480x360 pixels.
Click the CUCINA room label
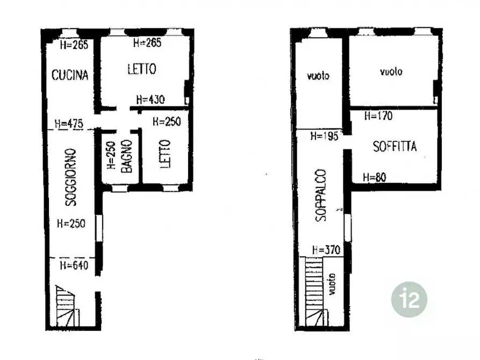pos(70,75)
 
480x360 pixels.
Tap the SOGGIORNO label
pos(71,177)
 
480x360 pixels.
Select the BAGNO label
pos(126,156)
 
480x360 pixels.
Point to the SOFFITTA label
pos(395,146)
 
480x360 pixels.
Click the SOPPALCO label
pos(321,195)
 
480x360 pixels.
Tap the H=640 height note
pos(74,265)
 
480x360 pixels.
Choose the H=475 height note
pos(69,124)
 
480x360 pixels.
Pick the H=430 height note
pos(151,99)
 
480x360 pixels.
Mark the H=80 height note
pos(375,177)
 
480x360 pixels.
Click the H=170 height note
pos(378,116)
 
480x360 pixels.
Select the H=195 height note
pos(324,136)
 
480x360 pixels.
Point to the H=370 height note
pos(326,250)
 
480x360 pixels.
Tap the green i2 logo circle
pos(409,299)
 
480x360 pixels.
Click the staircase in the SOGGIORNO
pos(67,306)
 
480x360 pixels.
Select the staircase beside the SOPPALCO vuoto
pos(315,292)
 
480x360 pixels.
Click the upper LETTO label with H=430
pos(142,69)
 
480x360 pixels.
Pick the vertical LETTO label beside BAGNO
pos(165,154)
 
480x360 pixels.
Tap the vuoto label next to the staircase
pos(332,284)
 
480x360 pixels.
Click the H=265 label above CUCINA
pos(74,45)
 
